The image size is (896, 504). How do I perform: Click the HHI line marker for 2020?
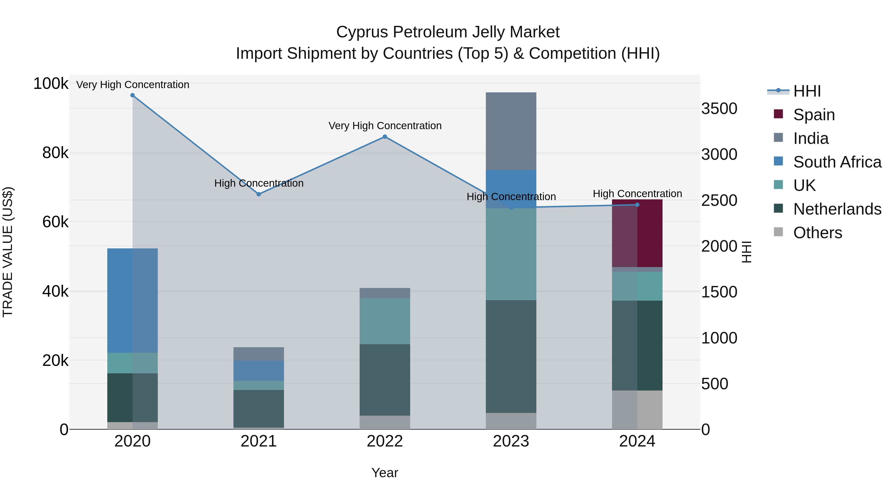point(132,95)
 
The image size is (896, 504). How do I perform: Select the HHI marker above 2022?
point(385,137)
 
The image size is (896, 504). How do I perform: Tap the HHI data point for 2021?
point(258,194)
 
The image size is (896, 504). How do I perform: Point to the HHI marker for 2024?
point(637,205)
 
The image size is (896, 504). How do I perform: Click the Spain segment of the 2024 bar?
point(637,233)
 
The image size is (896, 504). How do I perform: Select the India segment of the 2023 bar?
point(511,131)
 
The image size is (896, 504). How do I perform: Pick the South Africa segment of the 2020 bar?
point(132,300)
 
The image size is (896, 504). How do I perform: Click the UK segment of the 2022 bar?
point(385,321)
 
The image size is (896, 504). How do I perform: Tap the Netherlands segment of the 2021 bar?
point(258,409)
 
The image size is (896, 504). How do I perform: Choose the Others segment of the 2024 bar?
point(637,410)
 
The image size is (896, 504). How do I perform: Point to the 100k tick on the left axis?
point(51,84)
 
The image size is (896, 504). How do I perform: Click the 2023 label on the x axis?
point(511,441)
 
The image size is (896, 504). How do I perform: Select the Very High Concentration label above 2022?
point(385,126)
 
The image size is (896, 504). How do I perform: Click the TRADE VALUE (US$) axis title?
point(8,252)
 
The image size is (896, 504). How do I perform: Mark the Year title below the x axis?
point(385,473)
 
